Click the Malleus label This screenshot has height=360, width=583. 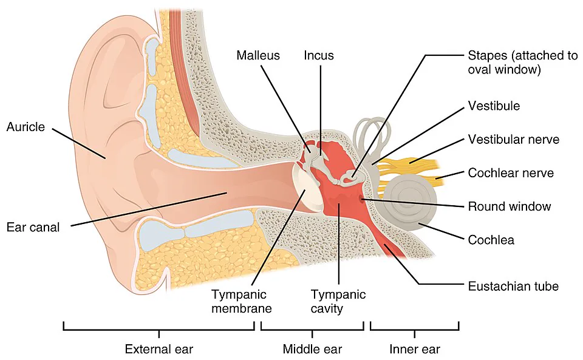click(258, 55)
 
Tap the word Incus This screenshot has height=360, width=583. click(319, 55)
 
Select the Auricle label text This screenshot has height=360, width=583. click(26, 127)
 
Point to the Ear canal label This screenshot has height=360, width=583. click(33, 227)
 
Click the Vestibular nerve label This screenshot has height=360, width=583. click(514, 139)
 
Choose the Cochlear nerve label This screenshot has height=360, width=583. click(511, 173)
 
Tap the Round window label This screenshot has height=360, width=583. click(510, 206)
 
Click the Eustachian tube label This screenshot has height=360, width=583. click(513, 286)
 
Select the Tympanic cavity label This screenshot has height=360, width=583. click(338, 301)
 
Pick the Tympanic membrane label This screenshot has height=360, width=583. click(242, 301)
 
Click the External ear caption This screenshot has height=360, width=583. click(159, 349)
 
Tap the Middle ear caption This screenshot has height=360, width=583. click(312, 349)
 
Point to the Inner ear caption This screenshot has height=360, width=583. click(415, 349)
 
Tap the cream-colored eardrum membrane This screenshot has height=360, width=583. click(307, 188)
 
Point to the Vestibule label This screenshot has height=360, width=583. click(494, 106)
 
